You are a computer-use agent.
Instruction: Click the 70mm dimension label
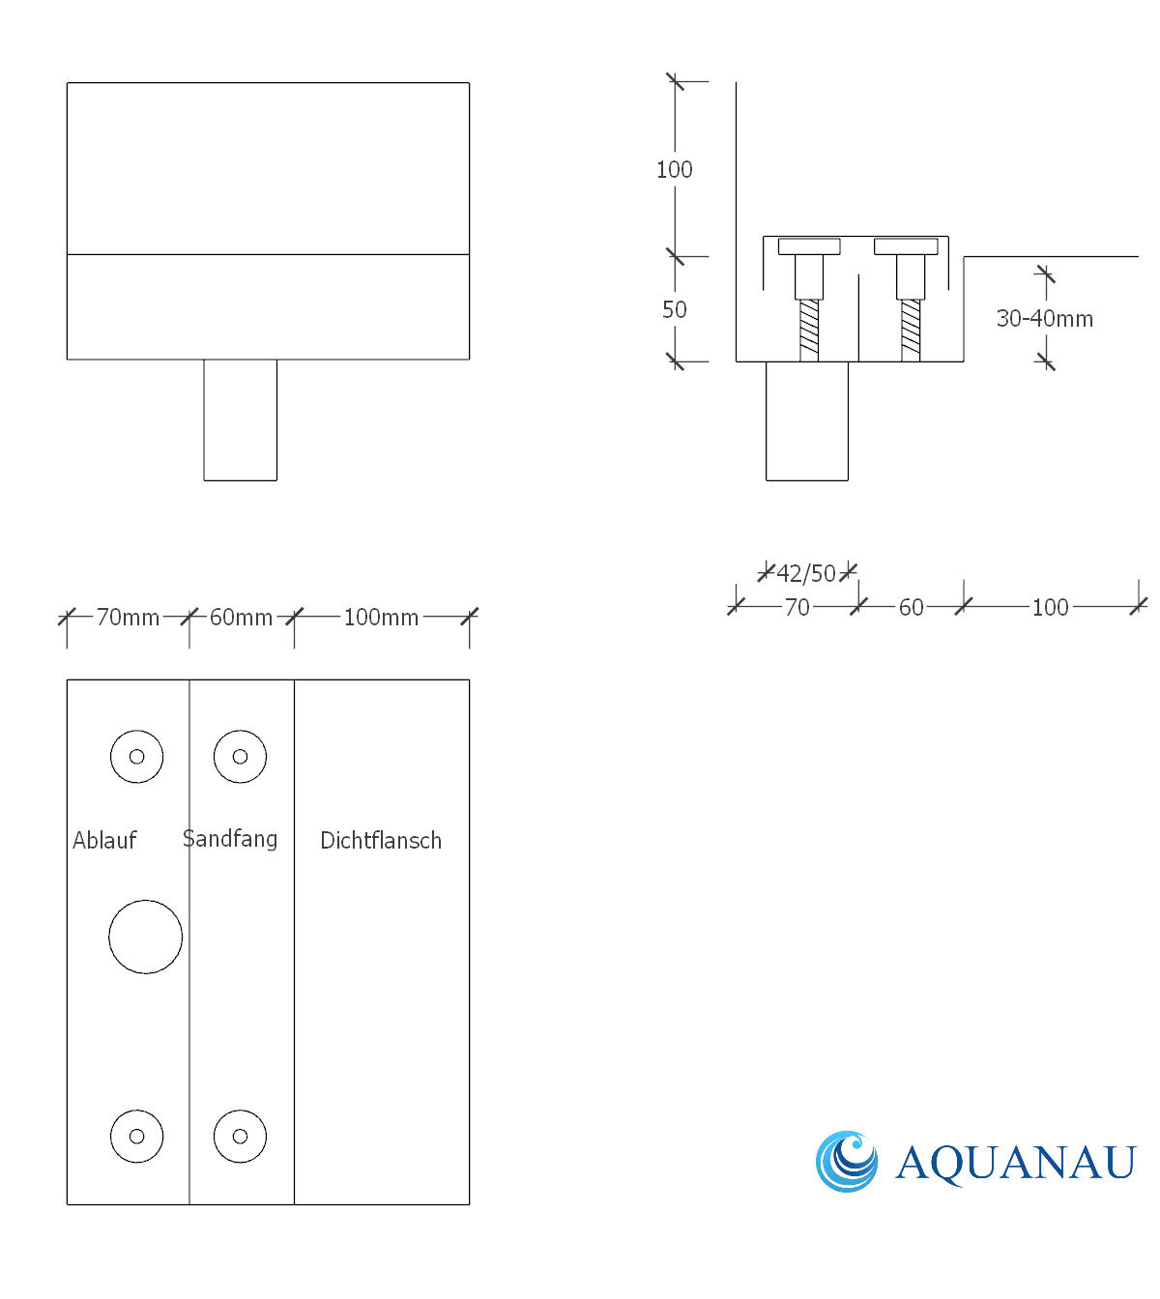[x=128, y=617]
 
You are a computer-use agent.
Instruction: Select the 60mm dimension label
[x=241, y=617]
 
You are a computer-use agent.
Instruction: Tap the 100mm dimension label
[x=381, y=617]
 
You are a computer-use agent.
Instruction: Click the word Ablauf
[x=104, y=840]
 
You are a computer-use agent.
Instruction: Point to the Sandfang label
[x=230, y=839]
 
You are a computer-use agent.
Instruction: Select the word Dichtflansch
[x=381, y=840]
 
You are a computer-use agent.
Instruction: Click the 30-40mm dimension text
[x=1045, y=318]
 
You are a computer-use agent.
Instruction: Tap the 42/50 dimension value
[x=806, y=573]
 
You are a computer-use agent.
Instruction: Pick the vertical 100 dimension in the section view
[x=675, y=169]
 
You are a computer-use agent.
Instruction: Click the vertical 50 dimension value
[x=675, y=309]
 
